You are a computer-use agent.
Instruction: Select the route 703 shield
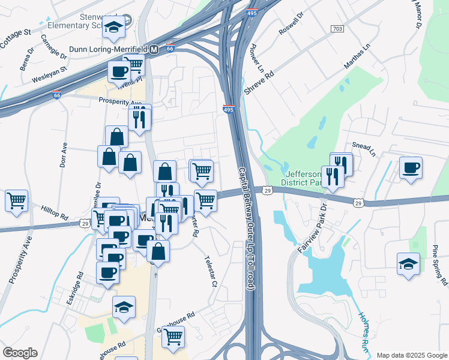(337, 29)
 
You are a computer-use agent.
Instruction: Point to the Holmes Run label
(367, 332)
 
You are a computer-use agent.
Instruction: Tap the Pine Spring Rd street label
(441, 265)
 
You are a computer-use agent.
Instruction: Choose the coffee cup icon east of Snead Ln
(411, 167)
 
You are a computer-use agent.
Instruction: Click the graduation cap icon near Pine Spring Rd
(408, 264)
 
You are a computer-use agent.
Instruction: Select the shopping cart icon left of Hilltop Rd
(16, 201)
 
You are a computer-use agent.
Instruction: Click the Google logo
(20, 353)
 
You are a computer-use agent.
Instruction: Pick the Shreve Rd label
(259, 83)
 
